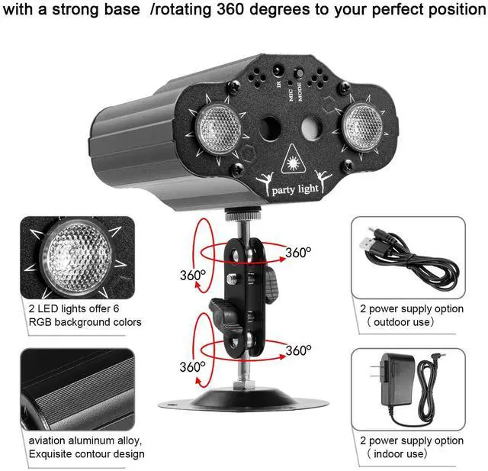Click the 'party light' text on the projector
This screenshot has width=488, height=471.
(295, 189)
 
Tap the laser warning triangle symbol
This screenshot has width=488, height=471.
(292, 160)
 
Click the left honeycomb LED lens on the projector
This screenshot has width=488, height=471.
(218, 127)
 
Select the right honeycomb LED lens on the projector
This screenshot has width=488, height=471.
(362, 127)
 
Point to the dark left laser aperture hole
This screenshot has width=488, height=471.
(268, 127)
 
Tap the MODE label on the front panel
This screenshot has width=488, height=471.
(300, 92)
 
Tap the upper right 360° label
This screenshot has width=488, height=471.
(298, 253)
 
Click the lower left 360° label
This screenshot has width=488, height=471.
(192, 366)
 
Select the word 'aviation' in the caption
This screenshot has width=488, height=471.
(47, 440)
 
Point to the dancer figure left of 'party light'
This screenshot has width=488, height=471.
(265, 183)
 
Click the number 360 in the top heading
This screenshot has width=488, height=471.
(230, 9)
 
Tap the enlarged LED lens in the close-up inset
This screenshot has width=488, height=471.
(75, 256)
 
